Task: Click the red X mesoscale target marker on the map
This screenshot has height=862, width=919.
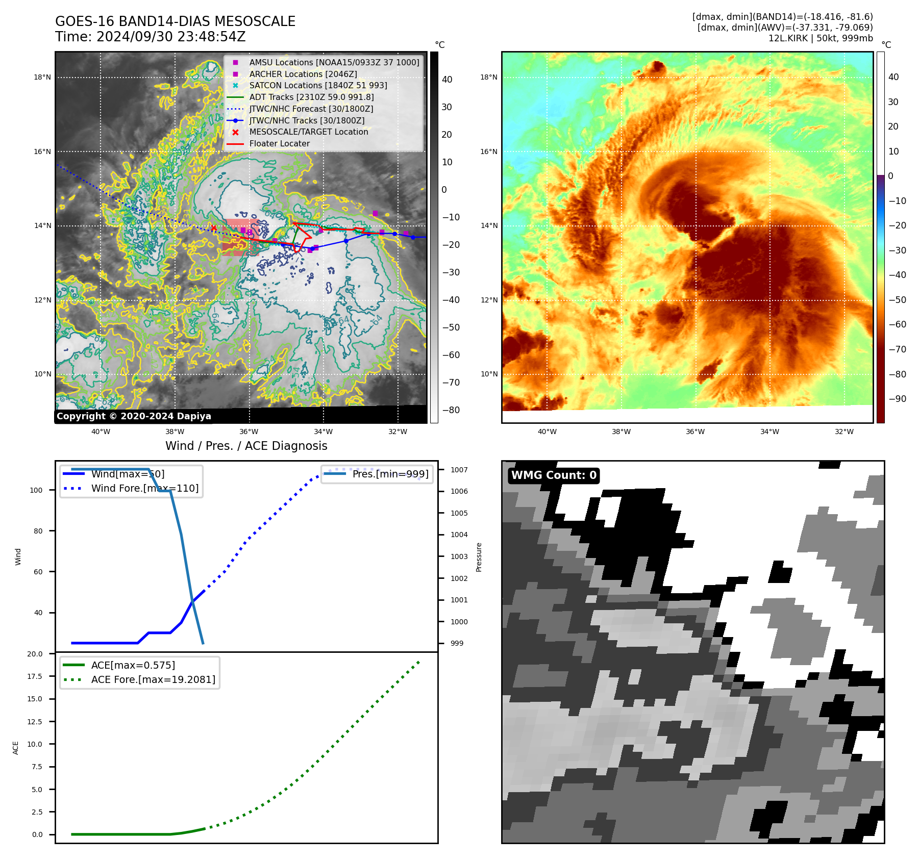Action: (x=214, y=228)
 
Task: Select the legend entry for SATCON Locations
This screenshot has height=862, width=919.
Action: (x=318, y=86)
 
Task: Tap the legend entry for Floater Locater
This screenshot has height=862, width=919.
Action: (x=279, y=144)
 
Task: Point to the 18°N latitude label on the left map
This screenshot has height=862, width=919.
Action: (x=42, y=78)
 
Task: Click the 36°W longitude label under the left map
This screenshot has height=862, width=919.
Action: (x=249, y=432)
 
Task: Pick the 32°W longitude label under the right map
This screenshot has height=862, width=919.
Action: (x=844, y=432)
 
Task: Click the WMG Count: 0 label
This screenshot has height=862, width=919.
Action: (x=554, y=475)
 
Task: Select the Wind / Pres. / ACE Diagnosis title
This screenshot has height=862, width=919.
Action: (x=246, y=446)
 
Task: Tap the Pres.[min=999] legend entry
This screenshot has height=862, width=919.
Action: (x=390, y=474)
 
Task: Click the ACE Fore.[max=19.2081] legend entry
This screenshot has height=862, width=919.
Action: (x=153, y=679)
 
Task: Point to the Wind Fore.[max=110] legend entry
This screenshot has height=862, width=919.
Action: (x=145, y=488)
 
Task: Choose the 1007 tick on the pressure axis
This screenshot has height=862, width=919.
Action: (x=459, y=470)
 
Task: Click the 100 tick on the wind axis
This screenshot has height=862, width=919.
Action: (x=36, y=490)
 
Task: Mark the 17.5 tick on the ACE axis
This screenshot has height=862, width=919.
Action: (x=35, y=676)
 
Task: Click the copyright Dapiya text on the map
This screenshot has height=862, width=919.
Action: (x=134, y=416)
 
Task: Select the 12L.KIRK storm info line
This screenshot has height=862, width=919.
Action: (x=820, y=38)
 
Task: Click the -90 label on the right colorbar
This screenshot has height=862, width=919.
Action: (x=897, y=399)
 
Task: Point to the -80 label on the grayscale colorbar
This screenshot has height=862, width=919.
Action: (x=451, y=410)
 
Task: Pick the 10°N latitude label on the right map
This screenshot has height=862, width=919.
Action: (x=489, y=374)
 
